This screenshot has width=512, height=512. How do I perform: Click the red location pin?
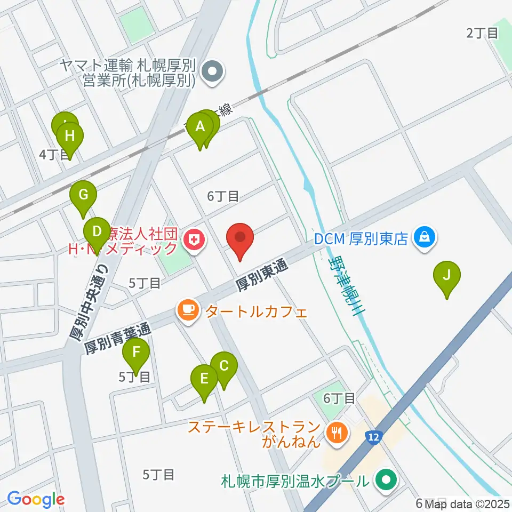pos(240,239)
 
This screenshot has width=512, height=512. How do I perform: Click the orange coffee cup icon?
pos(188,309)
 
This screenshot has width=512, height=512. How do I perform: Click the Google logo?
pos(36,499)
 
